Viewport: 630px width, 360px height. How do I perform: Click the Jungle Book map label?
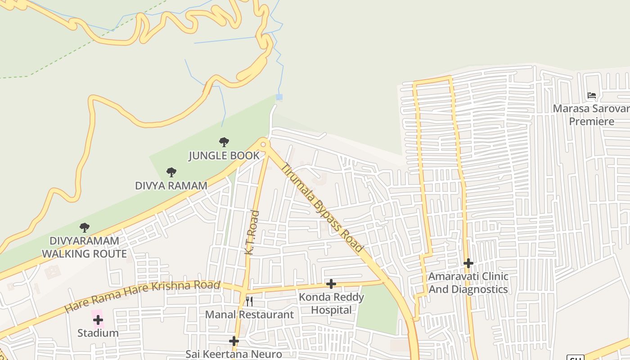[x=224, y=156]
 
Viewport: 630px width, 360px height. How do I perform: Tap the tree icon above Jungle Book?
[x=224, y=142]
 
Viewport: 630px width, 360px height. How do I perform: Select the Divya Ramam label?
[x=171, y=185]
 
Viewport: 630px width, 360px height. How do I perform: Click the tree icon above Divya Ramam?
[x=171, y=172]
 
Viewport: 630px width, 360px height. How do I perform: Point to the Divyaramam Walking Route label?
[x=84, y=247]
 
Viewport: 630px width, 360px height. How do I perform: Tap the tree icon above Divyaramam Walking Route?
[x=84, y=227]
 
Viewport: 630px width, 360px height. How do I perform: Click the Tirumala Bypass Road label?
[x=322, y=208]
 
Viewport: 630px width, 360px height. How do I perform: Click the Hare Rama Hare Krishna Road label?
[x=142, y=297]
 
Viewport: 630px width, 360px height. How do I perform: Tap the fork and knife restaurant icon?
[x=249, y=301]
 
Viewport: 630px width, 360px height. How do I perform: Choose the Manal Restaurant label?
[x=249, y=315]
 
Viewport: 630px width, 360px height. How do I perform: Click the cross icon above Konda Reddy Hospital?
[x=331, y=283]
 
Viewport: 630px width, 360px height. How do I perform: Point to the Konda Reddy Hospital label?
[x=331, y=303]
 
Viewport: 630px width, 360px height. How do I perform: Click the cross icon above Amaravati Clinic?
[x=468, y=263]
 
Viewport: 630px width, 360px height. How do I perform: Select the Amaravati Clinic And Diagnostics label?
[x=468, y=283]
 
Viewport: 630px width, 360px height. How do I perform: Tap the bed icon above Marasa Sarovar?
[x=592, y=95]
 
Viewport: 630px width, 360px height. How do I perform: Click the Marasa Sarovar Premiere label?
[x=591, y=115]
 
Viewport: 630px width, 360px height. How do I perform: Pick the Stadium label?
[x=98, y=333]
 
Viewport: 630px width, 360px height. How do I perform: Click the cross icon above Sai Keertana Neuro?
[x=234, y=341]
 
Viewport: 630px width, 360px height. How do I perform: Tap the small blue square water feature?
[x=279, y=97]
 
